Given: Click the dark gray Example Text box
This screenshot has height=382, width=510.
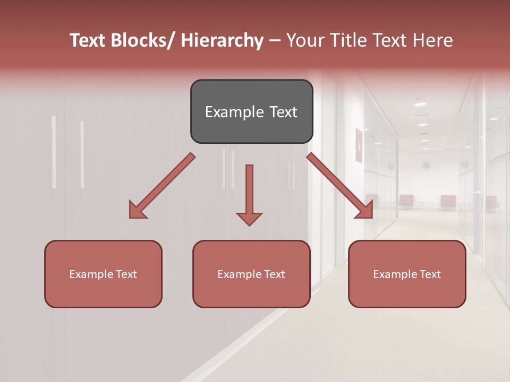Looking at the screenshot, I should tap(251, 111).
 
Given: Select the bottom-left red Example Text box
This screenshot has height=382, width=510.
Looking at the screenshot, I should tap(103, 274).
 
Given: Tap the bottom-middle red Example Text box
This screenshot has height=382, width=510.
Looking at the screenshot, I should tap(251, 274).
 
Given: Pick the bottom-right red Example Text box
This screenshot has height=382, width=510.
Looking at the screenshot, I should tap(407, 274).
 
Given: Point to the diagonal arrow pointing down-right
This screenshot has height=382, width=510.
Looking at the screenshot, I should tap(339, 186).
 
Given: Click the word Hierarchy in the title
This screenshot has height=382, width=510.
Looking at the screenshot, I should tap(222, 40).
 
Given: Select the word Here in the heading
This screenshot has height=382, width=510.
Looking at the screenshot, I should tap(434, 40).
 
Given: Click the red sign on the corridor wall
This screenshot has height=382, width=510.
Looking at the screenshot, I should tap(359, 145).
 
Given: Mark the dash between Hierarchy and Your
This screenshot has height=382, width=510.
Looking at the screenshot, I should tap(275, 41).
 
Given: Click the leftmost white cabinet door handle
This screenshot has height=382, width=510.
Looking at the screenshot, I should tap(54, 152).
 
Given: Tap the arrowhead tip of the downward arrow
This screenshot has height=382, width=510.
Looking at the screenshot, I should tap(249, 225).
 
